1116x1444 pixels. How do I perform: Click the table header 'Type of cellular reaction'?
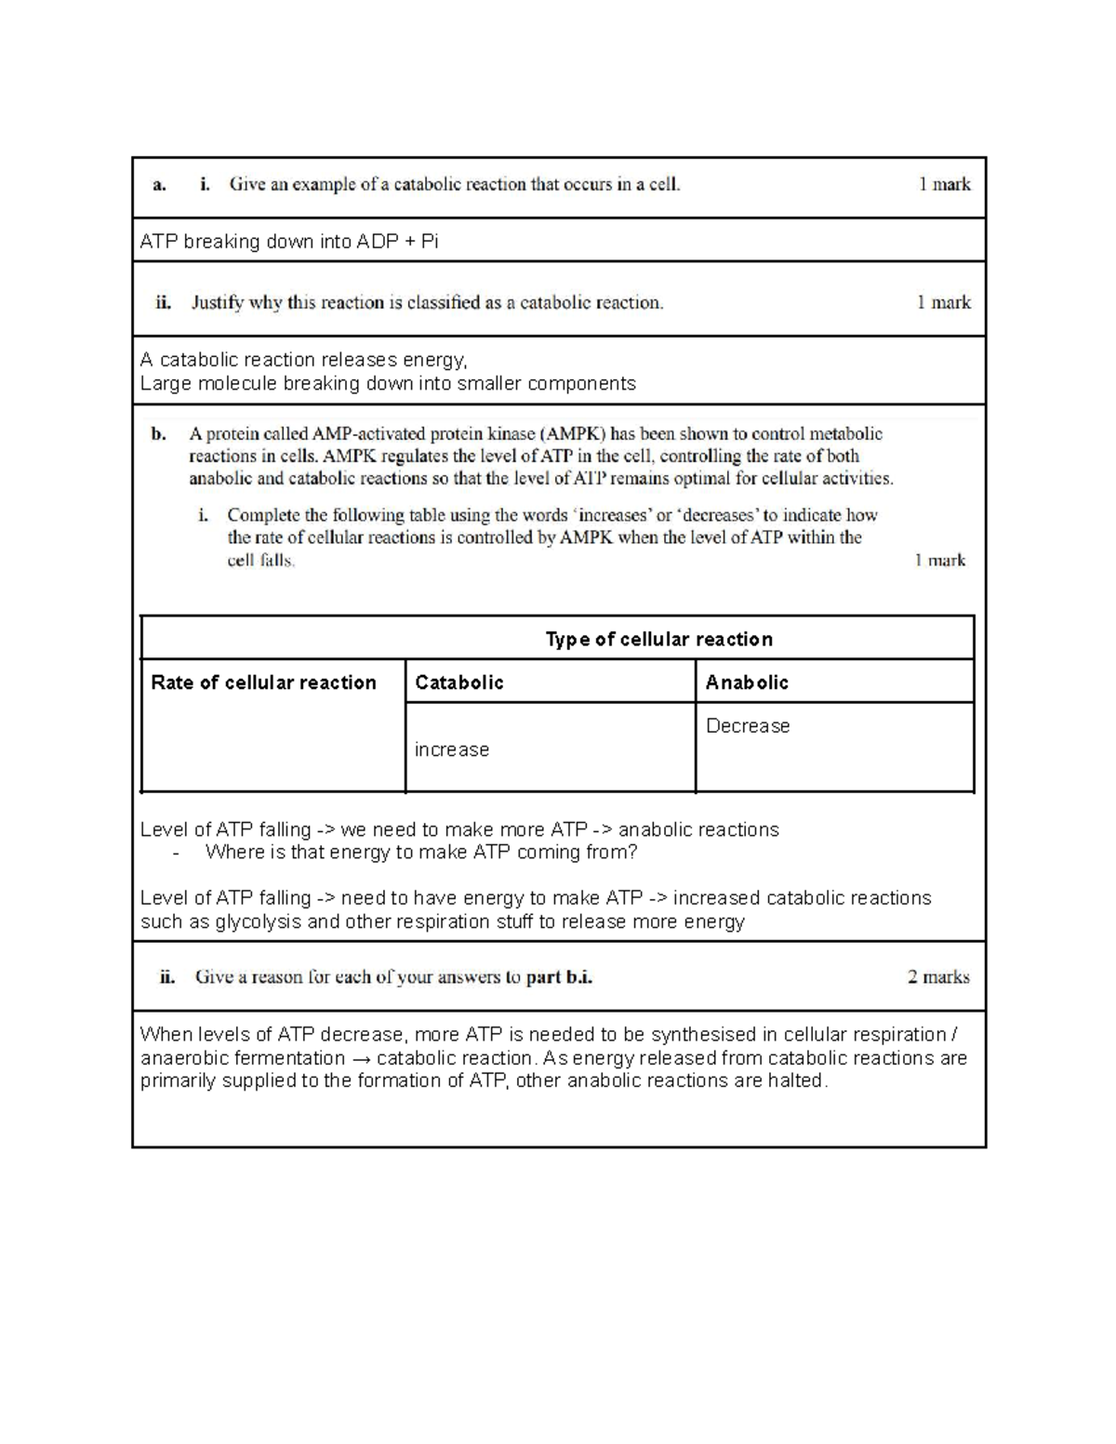[x=658, y=639]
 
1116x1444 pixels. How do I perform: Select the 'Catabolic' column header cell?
[x=458, y=682]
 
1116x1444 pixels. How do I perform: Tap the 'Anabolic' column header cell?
[x=747, y=682]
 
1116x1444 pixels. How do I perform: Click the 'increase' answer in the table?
[x=452, y=749]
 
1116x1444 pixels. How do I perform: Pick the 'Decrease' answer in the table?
[x=748, y=726]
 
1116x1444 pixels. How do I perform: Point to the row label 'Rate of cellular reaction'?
[x=263, y=682]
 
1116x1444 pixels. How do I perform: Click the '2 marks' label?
[x=937, y=976]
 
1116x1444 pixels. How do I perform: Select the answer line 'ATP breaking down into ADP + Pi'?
[x=289, y=242]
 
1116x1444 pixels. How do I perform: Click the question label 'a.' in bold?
[x=159, y=184]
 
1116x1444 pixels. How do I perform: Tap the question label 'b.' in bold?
[x=159, y=433]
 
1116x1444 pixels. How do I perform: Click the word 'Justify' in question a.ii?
[x=217, y=302]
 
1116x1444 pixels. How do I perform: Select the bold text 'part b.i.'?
[x=559, y=977]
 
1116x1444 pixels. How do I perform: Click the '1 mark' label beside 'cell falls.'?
[x=939, y=560]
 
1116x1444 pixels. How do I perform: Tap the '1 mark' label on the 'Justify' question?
[x=943, y=302]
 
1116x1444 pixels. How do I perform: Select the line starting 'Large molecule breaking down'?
[x=388, y=383]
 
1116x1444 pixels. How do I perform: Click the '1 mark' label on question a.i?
[x=944, y=184]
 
